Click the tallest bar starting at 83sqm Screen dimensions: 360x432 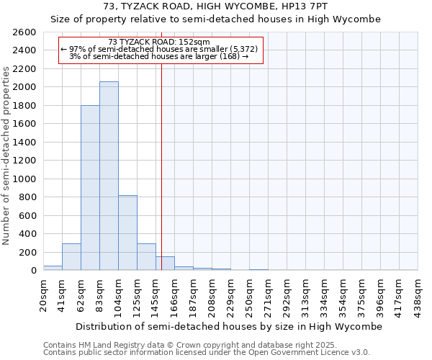(x=109, y=176)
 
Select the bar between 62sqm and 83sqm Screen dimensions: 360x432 (x=90, y=188)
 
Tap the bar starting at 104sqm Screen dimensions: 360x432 (x=127, y=233)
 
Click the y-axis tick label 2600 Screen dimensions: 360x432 (x=24, y=32)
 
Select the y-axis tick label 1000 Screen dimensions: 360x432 (x=24, y=179)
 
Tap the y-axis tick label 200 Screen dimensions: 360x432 (x=27, y=252)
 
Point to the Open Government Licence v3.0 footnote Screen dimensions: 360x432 (x=207, y=353)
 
